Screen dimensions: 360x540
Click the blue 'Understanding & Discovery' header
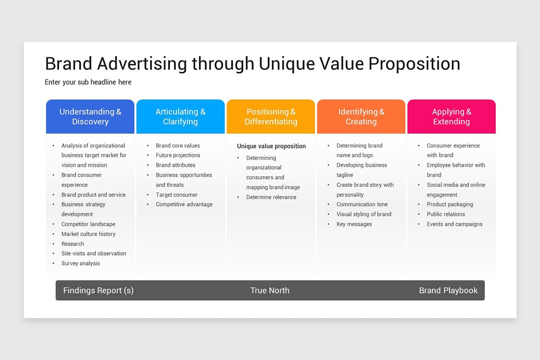pyautogui.click(x=90, y=117)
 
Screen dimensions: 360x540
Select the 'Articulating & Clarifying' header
pyautogui.click(x=180, y=117)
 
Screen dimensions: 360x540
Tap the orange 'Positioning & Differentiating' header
pyautogui.click(x=271, y=117)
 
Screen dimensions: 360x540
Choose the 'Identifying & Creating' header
pyautogui.click(x=361, y=117)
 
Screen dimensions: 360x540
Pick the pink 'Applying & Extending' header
pyautogui.click(x=451, y=117)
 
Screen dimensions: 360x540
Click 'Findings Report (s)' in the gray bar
pyautogui.click(x=98, y=290)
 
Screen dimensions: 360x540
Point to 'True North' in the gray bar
pyautogui.click(x=270, y=290)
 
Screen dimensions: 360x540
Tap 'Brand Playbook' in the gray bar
pyautogui.click(x=448, y=290)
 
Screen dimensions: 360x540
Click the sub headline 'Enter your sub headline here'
pyautogui.click(x=88, y=82)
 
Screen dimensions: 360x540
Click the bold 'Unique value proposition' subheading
pyautogui.click(x=271, y=146)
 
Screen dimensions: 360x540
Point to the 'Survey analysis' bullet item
pyautogui.click(x=81, y=263)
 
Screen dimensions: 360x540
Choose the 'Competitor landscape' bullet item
pyautogui.click(x=88, y=224)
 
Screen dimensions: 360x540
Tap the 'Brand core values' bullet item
pyautogui.click(x=178, y=145)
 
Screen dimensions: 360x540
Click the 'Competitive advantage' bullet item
pyautogui.click(x=184, y=204)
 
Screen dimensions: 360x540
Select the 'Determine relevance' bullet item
pyautogui.click(x=271, y=197)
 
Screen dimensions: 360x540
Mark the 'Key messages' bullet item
pyautogui.click(x=354, y=224)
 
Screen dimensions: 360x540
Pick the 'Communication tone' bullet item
pyautogui.click(x=362, y=204)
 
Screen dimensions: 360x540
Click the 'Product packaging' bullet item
pyautogui.click(x=450, y=204)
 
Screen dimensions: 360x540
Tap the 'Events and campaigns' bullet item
pyautogui.click(x=454, y=224)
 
